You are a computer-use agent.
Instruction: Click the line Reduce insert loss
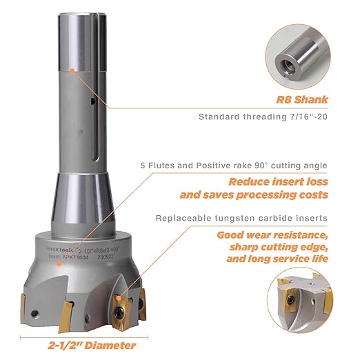pos(278,182)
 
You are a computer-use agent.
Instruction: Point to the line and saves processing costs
pos(254,195)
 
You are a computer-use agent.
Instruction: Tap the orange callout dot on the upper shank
pos(72,69)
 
